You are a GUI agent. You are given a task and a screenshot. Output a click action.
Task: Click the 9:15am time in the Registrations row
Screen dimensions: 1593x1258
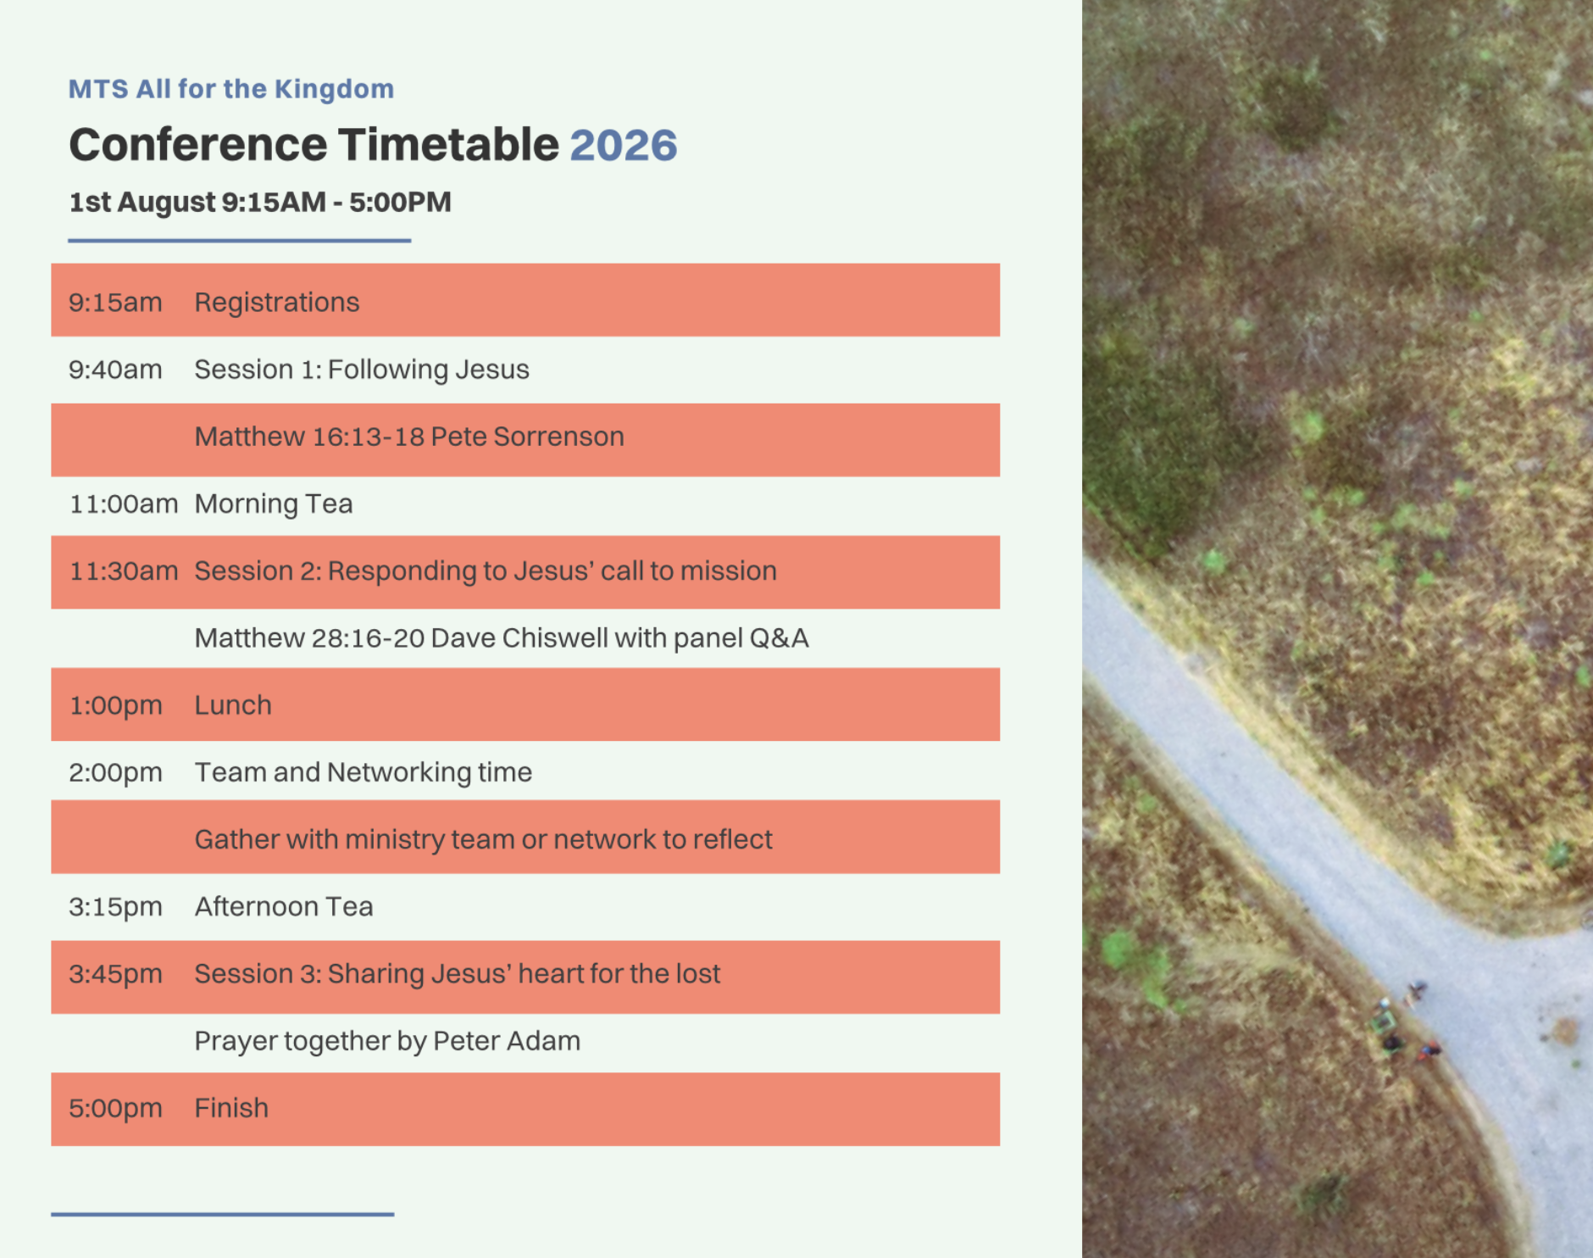[x=115, y=303]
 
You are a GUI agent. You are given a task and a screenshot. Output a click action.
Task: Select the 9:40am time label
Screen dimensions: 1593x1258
[x=115, y=370]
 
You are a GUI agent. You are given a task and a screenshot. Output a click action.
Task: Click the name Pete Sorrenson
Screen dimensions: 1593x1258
[x=527, y=437]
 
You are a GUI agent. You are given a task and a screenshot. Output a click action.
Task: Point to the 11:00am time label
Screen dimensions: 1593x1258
[x=124, y=504]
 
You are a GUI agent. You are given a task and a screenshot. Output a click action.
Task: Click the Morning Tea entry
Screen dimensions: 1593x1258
[x=274, y=504]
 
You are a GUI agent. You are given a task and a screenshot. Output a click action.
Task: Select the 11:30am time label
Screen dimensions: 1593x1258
[x=124, y=571]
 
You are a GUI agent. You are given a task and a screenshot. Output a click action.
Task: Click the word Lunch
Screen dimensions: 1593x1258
[x=233, y=705]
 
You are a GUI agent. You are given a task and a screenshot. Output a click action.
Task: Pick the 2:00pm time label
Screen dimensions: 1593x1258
[x=115, y=773]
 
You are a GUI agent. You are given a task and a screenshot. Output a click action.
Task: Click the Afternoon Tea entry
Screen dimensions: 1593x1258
[x=284, y=907]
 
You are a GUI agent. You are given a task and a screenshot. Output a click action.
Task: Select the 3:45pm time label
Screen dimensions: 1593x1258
[x=115, y=974]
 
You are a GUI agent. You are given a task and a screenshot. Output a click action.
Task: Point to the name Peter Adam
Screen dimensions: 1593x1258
[x=507, y=1041]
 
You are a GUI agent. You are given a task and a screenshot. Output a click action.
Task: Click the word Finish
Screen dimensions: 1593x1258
[x=231, y=1108]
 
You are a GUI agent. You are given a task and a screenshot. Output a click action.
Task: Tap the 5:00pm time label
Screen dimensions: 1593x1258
[x=115, y=1109]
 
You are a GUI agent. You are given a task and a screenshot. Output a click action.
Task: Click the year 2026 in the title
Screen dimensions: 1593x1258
[x=624, y=145]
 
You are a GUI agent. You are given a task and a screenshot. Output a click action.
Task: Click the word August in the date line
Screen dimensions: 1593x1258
[x=166, y=203]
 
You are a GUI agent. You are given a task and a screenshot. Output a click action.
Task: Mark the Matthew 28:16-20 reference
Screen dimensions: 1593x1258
[x=309, y=638]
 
